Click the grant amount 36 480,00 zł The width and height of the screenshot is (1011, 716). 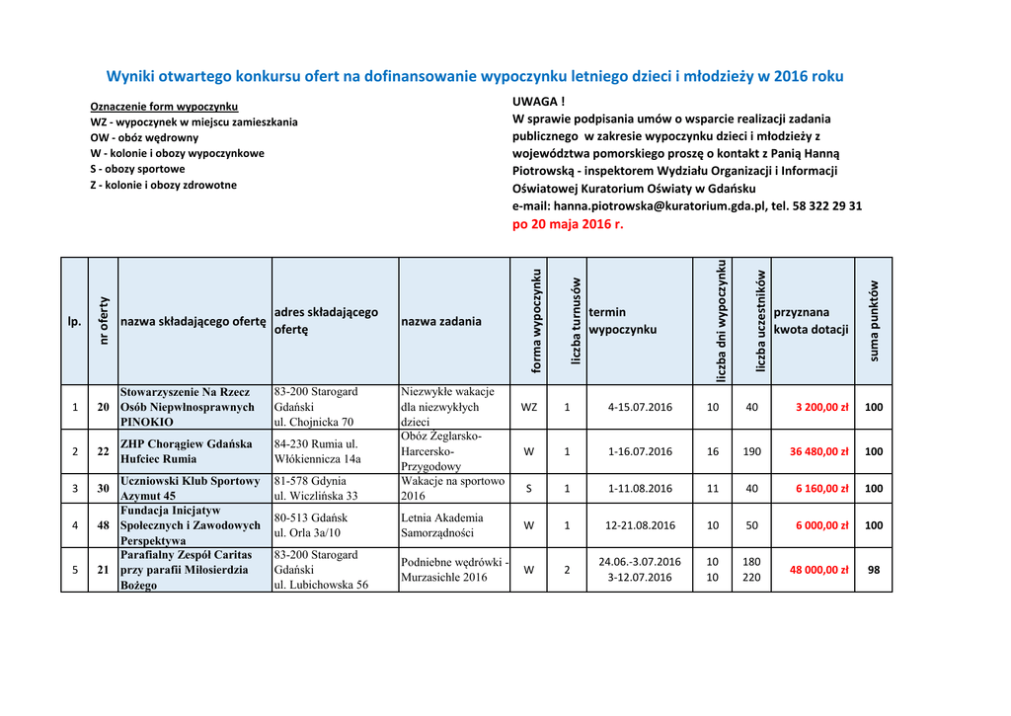(818, 451)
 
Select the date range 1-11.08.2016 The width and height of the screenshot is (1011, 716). (640, 488)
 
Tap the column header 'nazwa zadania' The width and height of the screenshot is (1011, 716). (441, 321)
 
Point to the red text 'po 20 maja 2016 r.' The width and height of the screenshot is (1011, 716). (568, 224)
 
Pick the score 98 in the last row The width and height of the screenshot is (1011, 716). (873, 570)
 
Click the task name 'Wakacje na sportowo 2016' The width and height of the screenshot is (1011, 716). (452, 488)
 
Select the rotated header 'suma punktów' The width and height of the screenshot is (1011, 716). (873, 321)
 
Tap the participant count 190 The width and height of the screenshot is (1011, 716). (751, 451)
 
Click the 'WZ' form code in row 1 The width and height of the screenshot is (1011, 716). (529, 407)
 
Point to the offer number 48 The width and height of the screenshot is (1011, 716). (103, 525)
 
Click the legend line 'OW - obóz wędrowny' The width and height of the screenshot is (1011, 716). (144, 138)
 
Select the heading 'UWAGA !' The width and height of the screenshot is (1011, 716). (538, 102)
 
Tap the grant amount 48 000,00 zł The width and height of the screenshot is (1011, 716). (818, 570)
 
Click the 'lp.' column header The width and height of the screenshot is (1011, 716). (74, 321)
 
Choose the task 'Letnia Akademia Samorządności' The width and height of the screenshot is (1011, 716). (442, 524)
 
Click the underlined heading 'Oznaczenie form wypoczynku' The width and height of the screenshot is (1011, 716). (164, 107)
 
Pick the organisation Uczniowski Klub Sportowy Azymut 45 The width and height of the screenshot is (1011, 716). (190, 488)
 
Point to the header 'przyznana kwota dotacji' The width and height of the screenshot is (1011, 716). (811, 321)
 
